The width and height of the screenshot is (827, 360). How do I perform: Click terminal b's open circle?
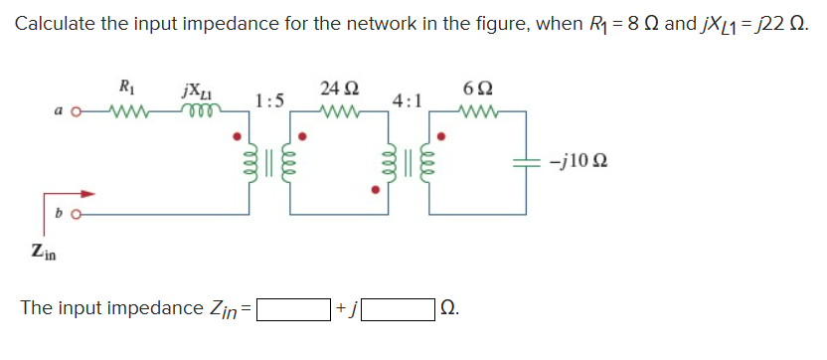pyautogui.click(x=79, y=212)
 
